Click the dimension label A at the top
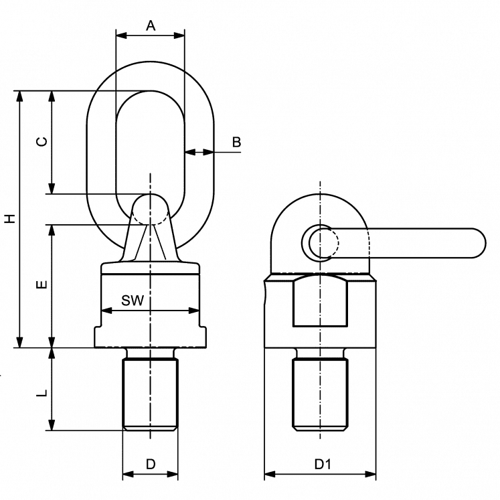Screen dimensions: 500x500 point(151,25)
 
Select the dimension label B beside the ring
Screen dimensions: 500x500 point(236,142)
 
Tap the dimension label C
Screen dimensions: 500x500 point(41,142)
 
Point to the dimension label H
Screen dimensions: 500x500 point(9,219)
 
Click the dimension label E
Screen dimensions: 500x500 point(41,285)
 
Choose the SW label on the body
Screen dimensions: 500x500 point(133,301)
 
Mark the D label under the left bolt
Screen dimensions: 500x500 point(151,464)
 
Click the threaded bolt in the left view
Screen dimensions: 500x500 point(151,394)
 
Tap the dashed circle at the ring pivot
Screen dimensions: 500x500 point(151,210)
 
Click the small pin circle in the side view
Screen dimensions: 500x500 point(321,242)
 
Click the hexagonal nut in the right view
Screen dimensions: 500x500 point(320,301)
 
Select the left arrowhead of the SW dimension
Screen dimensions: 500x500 point(106,311)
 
